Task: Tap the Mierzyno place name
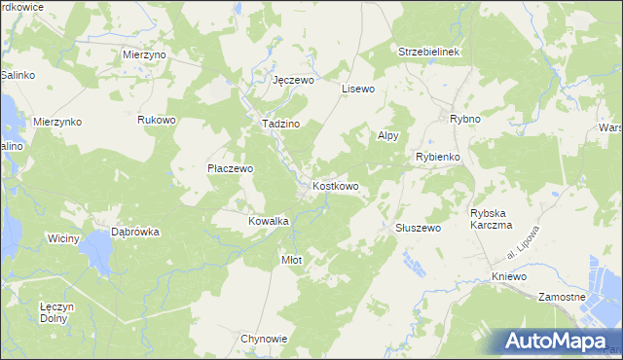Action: coord(145,55)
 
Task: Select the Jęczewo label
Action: coord(293,81)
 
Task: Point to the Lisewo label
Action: coord(358,89)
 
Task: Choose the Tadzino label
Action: coord(279,125)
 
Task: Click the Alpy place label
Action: coord(387,137)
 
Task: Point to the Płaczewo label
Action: coord(231,168)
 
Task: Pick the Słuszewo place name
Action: coord(418,227)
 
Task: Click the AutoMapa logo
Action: coord(559,341)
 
